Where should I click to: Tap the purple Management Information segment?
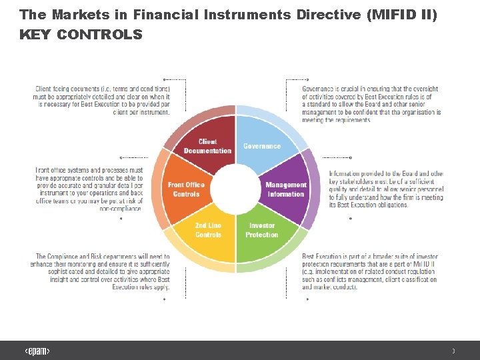click(286, 189)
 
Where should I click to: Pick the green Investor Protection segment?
click(261, 231)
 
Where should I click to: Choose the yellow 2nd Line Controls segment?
click(208, 231)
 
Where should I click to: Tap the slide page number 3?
click(453, 351)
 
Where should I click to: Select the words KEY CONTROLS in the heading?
click(81, 35)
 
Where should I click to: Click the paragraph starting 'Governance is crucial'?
click(371, 105)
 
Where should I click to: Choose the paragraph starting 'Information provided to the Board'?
click(385, 189)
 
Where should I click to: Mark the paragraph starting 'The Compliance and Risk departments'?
click(100, 271)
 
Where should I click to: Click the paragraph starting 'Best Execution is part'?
click(369, 271)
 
